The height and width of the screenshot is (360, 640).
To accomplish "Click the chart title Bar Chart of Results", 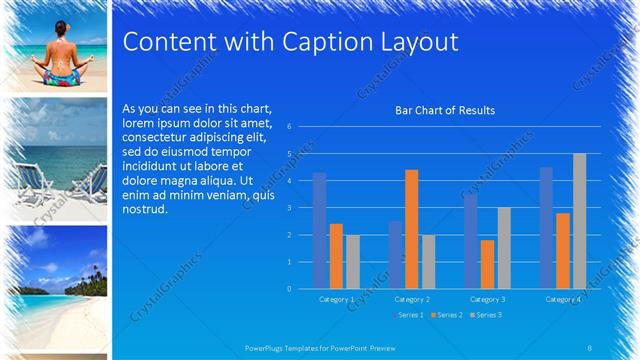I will pyautogui.click(x=446, y=110).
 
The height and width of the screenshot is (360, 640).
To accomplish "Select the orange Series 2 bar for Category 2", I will pyautogui.click(x=412, y=229).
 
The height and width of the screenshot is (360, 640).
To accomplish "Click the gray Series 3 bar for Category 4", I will pyautogui.click(x=579, y=221).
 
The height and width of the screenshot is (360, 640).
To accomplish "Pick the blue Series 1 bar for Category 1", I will pyautogui.click(x=319, y=230).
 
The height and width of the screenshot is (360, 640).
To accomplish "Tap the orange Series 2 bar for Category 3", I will pyautogui.click(x=487, y=264).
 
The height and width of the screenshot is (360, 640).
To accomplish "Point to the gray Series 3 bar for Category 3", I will pyautogui.click(x=504, y=248).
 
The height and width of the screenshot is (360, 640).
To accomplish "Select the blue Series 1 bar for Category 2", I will pyautogui.click(x=395, y=254).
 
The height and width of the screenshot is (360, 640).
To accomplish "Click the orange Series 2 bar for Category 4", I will pyautogui.click(x=563, y=250).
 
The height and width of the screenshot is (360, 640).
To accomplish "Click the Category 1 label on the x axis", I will pyautogui.click(x=336, y=299).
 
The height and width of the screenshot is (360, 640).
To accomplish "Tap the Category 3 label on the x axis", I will pyautogui.click(x=487, y=299).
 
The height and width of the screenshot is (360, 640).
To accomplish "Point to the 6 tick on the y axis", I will pyautogui.click(x=288, y=127).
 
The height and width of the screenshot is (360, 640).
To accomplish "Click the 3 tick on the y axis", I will pyautogui.click(x=288, y=208).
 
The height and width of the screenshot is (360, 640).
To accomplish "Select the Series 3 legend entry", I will pyautogui.click(x=486, y=315).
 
